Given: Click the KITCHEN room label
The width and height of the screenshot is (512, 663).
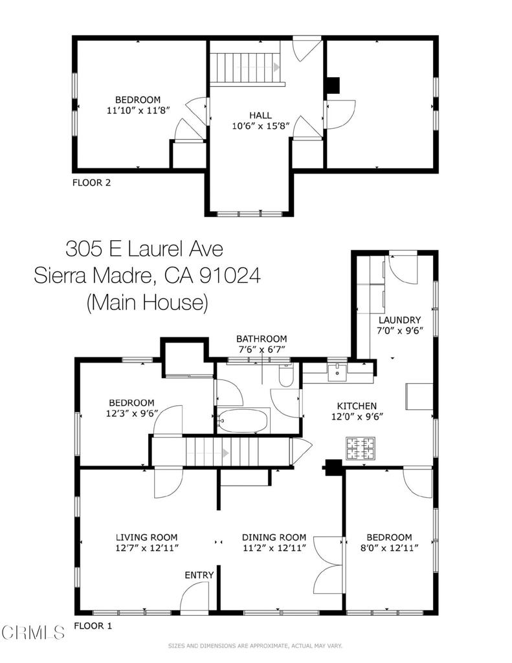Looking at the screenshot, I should (351, 405).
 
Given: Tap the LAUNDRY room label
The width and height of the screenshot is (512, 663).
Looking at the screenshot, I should (399, 320).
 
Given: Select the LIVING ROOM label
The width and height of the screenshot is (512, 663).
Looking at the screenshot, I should (146, 537).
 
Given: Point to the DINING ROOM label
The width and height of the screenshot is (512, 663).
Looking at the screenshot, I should (274, 537).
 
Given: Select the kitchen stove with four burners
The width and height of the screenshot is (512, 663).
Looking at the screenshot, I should (360, 448).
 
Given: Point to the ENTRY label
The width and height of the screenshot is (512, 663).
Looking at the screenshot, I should (199, 575).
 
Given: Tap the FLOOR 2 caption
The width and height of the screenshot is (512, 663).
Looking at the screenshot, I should (91, 183).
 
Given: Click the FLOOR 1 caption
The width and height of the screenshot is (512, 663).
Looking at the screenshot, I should (93, 626).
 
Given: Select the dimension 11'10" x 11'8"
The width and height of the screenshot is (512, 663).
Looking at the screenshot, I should (137, 110).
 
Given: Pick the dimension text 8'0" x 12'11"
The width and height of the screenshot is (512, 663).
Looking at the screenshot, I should (389, 548).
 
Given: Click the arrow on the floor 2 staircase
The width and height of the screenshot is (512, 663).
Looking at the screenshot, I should (276, 67).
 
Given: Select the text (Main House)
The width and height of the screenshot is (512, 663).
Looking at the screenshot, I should (147, 302).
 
